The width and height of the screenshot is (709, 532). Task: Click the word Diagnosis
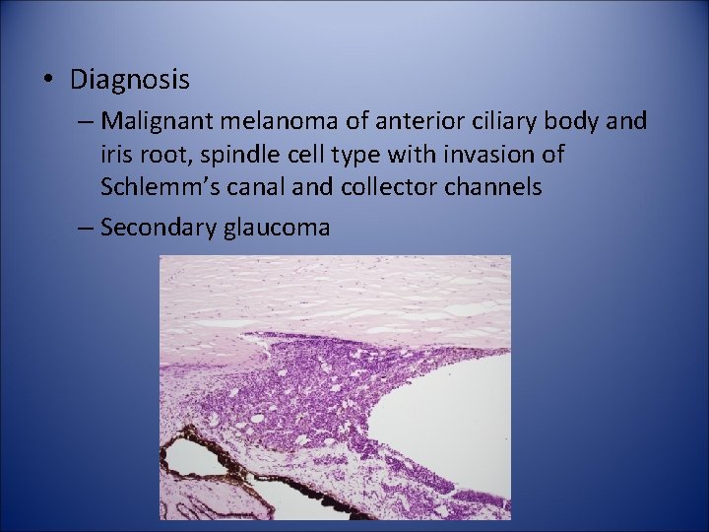pos(131,77)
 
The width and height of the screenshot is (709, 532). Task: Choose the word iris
pos(115,155)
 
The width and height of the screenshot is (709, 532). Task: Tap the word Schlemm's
pos(155,186)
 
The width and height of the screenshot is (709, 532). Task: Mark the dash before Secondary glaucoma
pos(85,229)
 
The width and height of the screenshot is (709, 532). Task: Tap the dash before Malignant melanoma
pos(85,122)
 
